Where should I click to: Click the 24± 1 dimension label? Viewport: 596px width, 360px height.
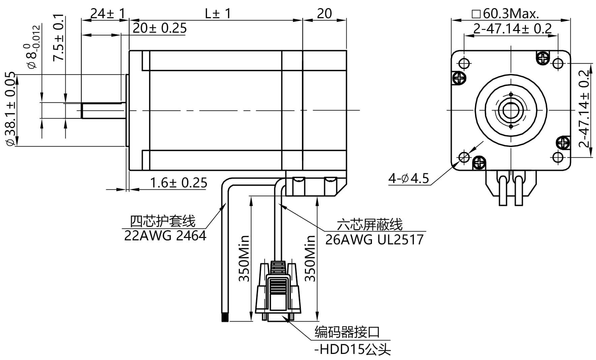(x=107, y=13)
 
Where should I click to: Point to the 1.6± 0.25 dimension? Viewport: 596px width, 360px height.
(x=178, y=183)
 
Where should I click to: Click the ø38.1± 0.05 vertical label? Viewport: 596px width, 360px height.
(x=10, y=109)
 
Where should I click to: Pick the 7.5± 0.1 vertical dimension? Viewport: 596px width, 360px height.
(x=59, y=37)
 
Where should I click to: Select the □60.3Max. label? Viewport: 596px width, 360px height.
(x=506, y=13)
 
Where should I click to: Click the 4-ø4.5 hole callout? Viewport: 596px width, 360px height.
(x=409, y=178)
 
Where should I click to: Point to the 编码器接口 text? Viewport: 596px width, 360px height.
(x=347, y=332)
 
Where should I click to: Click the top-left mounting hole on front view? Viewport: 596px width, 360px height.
(x=464, y=63)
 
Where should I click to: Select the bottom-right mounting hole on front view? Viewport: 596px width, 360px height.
(x=558, y=157)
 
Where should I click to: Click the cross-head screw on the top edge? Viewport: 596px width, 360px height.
(x=542, y=58)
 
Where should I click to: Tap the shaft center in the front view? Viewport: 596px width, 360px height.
(x=511, y=110)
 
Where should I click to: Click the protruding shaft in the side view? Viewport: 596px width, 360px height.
(x=103, y=111)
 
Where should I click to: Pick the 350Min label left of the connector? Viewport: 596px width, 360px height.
(x=244, y=258)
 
